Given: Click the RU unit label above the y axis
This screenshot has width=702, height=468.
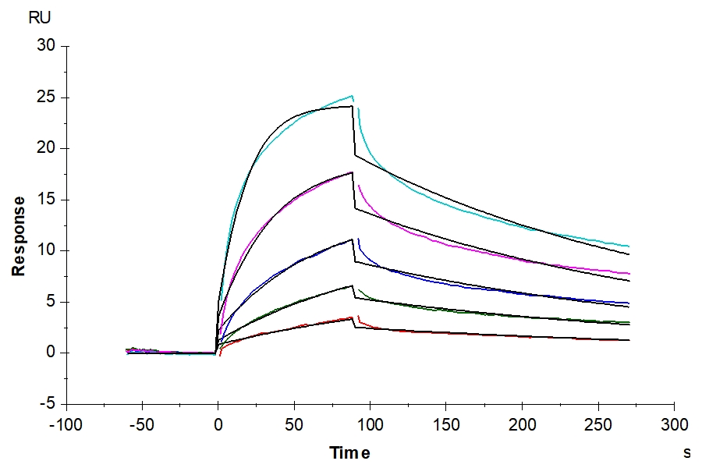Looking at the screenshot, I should tap(39, 18).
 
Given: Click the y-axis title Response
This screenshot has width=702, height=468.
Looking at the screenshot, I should tap(18, 236).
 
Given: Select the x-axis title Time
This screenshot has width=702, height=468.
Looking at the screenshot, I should tap(349, 453).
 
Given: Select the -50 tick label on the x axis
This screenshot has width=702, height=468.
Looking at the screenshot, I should tap(142, 425).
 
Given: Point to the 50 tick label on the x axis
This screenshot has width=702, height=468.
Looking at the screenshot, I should tap(294, 425).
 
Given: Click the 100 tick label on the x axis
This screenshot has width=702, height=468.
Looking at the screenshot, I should tap(370, 425).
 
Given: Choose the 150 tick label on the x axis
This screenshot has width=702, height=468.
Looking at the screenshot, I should tap(445, 425).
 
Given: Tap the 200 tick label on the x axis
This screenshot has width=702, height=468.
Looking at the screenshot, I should tap(522, 425).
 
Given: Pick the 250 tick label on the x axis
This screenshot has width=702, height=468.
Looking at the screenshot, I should tap(597, 425).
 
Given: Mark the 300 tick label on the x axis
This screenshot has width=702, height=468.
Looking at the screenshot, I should tap(674, 425).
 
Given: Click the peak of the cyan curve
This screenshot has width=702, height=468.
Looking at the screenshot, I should tap(353, 96).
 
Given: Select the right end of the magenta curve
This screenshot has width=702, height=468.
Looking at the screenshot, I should tap(629, 274).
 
